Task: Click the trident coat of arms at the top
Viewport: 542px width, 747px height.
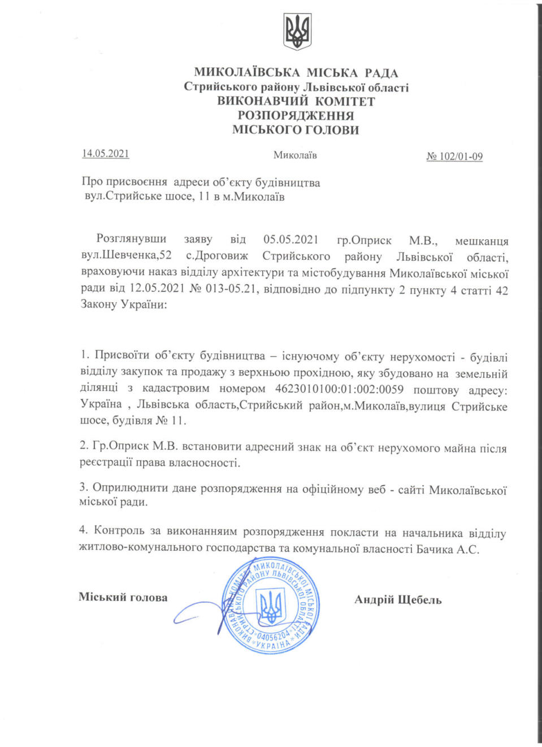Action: click(297, 32)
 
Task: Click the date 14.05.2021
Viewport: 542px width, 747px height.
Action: click(106, 153)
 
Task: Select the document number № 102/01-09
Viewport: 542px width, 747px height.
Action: click(454, 157)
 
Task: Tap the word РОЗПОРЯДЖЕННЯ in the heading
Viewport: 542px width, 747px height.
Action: click(296, 115)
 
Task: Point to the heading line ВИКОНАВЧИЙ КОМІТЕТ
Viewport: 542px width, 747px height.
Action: click(296, 101)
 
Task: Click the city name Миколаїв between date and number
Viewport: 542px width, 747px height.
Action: click(295, 155)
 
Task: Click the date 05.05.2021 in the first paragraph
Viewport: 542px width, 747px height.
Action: click(290, 239)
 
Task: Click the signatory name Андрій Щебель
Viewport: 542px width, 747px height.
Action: click(398, 600)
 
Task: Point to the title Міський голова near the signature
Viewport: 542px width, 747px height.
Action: click(123, 597)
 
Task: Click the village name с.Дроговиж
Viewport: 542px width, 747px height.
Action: click(217, 256)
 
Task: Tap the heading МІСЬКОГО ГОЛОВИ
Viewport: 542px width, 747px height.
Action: click(296, 130)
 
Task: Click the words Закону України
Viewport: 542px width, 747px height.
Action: click(123, 304)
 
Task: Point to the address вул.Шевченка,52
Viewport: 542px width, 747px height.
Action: click(126, 255)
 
